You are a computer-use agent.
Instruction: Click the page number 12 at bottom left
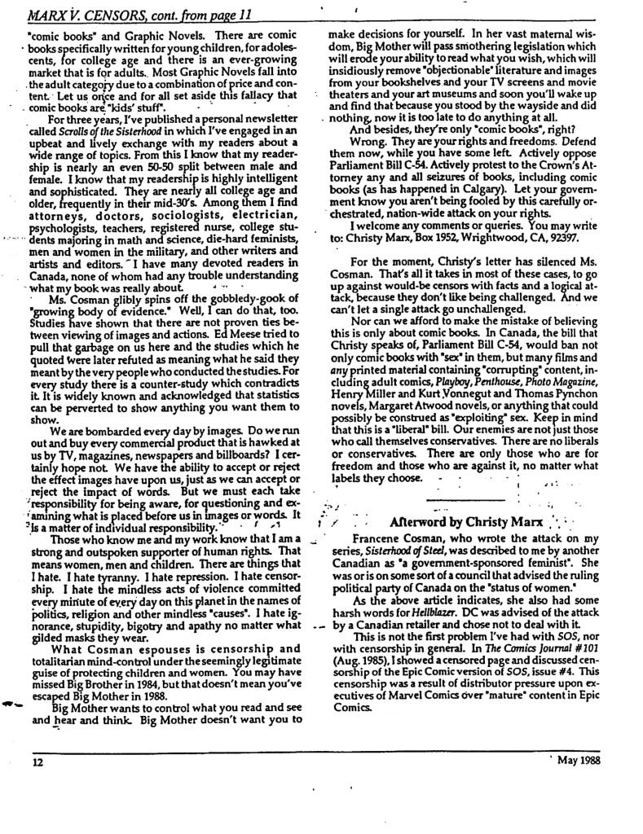pos(37,763)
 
